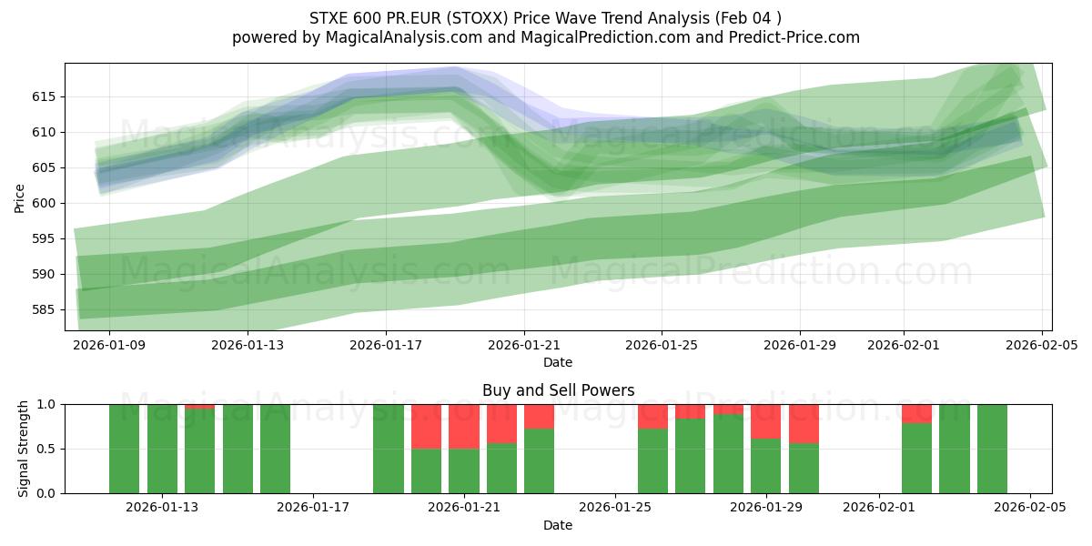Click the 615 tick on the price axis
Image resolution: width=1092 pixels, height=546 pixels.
[x=44, y=96]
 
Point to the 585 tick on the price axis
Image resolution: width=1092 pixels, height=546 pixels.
[x=44, y=309]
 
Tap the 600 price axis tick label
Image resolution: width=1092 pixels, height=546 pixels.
[x=44, y=203]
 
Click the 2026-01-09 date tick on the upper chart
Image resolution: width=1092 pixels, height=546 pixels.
[x=110, y=345]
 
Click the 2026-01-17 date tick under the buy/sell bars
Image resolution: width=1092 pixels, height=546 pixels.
[x=313, y=508]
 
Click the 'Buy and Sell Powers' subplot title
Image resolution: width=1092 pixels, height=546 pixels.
[x=558, y=390]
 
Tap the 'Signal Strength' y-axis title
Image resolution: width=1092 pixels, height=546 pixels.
[x=24, y=449]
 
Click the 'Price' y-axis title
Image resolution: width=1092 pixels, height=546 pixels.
[x=20, y=197]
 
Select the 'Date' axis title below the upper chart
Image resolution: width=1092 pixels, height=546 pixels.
[x=558, y=362]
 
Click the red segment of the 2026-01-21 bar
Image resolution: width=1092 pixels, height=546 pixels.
[x=464, y=426]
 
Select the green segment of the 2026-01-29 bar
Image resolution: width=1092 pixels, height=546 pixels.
[x=766, y=466]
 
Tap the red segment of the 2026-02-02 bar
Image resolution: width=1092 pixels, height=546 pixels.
[x=916, y=413]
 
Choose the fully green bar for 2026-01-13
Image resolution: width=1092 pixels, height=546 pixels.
[x=162, y=449]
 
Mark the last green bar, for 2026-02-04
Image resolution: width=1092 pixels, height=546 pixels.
[x=992, y=449]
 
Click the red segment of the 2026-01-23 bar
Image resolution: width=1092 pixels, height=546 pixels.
[x=539, y=416]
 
